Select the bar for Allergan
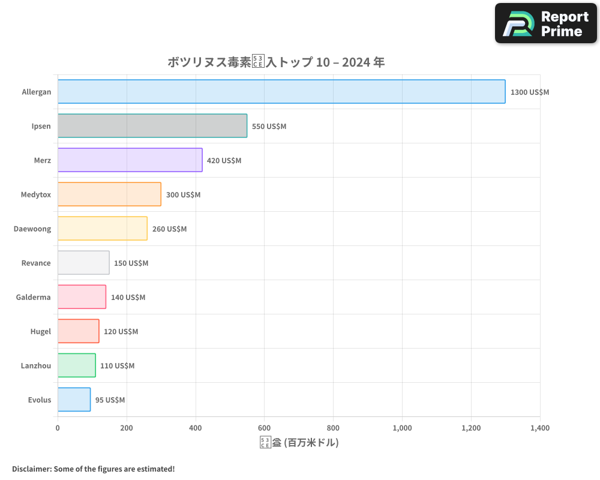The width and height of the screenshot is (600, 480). (x=281, y=92)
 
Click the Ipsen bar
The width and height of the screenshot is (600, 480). (x=152, y=126)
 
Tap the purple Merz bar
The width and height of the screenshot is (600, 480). (x=130, y=160)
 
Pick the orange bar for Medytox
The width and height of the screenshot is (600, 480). (x=109, y=194)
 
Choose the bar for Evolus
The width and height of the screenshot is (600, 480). (x=74, y=400)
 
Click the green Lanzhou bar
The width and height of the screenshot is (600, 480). (x=76, y=365)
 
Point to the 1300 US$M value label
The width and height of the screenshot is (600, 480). (x=530, y=92)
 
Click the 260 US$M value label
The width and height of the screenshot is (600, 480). (x=169, y=229)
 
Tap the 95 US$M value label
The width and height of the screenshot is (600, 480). (x=110, y=400)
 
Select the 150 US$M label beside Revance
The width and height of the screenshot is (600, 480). (x=131, y=263)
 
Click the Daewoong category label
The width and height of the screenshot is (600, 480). (x=32, y=229)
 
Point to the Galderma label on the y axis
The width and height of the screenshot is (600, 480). (x=34, y=297)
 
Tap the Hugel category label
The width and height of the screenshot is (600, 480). (x=41, y=331)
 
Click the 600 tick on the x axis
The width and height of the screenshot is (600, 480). (x=264, y=428)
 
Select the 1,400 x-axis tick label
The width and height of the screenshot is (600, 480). (x=539, y=428)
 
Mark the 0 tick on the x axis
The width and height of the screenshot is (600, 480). (x=58, y=428)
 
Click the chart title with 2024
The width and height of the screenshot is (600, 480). (x=276, y=62)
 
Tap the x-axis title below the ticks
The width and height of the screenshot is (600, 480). (x=299, y=443)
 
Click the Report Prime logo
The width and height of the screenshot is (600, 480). (x=546, y=23)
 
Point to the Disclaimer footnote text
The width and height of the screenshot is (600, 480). (x=94, y=469)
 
